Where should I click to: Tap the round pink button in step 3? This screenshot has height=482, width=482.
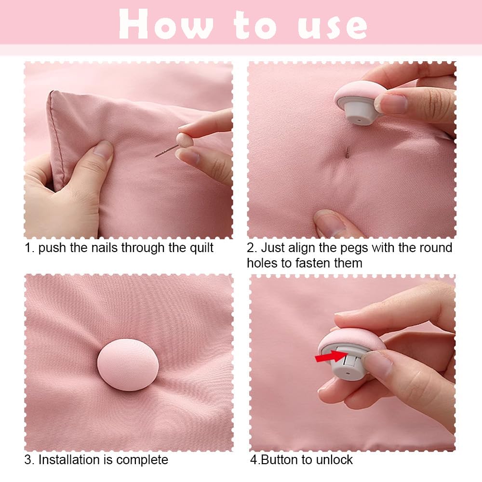pos(128,364)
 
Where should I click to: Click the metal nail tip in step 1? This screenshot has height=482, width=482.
pos(156,156)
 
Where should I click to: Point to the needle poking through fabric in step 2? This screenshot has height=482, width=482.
pos(348,152)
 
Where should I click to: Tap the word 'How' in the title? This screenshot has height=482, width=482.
pos(166,24)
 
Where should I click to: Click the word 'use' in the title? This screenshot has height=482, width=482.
pos(333,27)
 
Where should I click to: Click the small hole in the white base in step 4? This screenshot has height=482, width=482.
pos(348,374)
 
